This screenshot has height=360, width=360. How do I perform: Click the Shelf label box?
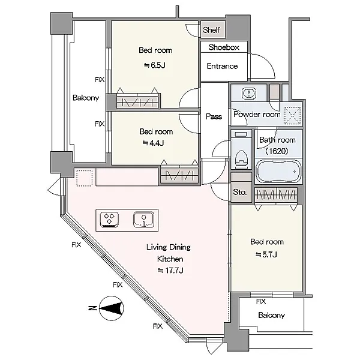pyautogui.click(x=212, y=30)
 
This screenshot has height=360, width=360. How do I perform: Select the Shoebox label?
pyautogui.click(x=224, y=47)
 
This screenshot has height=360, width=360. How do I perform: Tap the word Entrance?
pyautogui.click(x=222, y=66)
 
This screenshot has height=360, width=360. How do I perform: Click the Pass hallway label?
pyautogui.click(x=214, y=116)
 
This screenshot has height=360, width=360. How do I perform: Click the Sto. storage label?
pyautogui.click(x=241, y=193)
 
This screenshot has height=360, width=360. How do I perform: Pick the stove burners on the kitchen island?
pyautogui.click(x=109, y=219)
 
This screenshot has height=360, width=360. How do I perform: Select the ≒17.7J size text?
pyautogui.click(x=170, y=271)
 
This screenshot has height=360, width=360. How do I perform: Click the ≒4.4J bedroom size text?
pyautogui.click(x=153, y=143)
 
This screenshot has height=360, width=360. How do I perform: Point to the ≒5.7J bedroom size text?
pyautogui.click(x=266, y=254)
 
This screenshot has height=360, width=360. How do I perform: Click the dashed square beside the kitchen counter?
pyautogui.click(x=85, y=178)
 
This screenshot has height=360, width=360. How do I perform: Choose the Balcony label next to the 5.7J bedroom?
pyautogui.click(x=271, y=316)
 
